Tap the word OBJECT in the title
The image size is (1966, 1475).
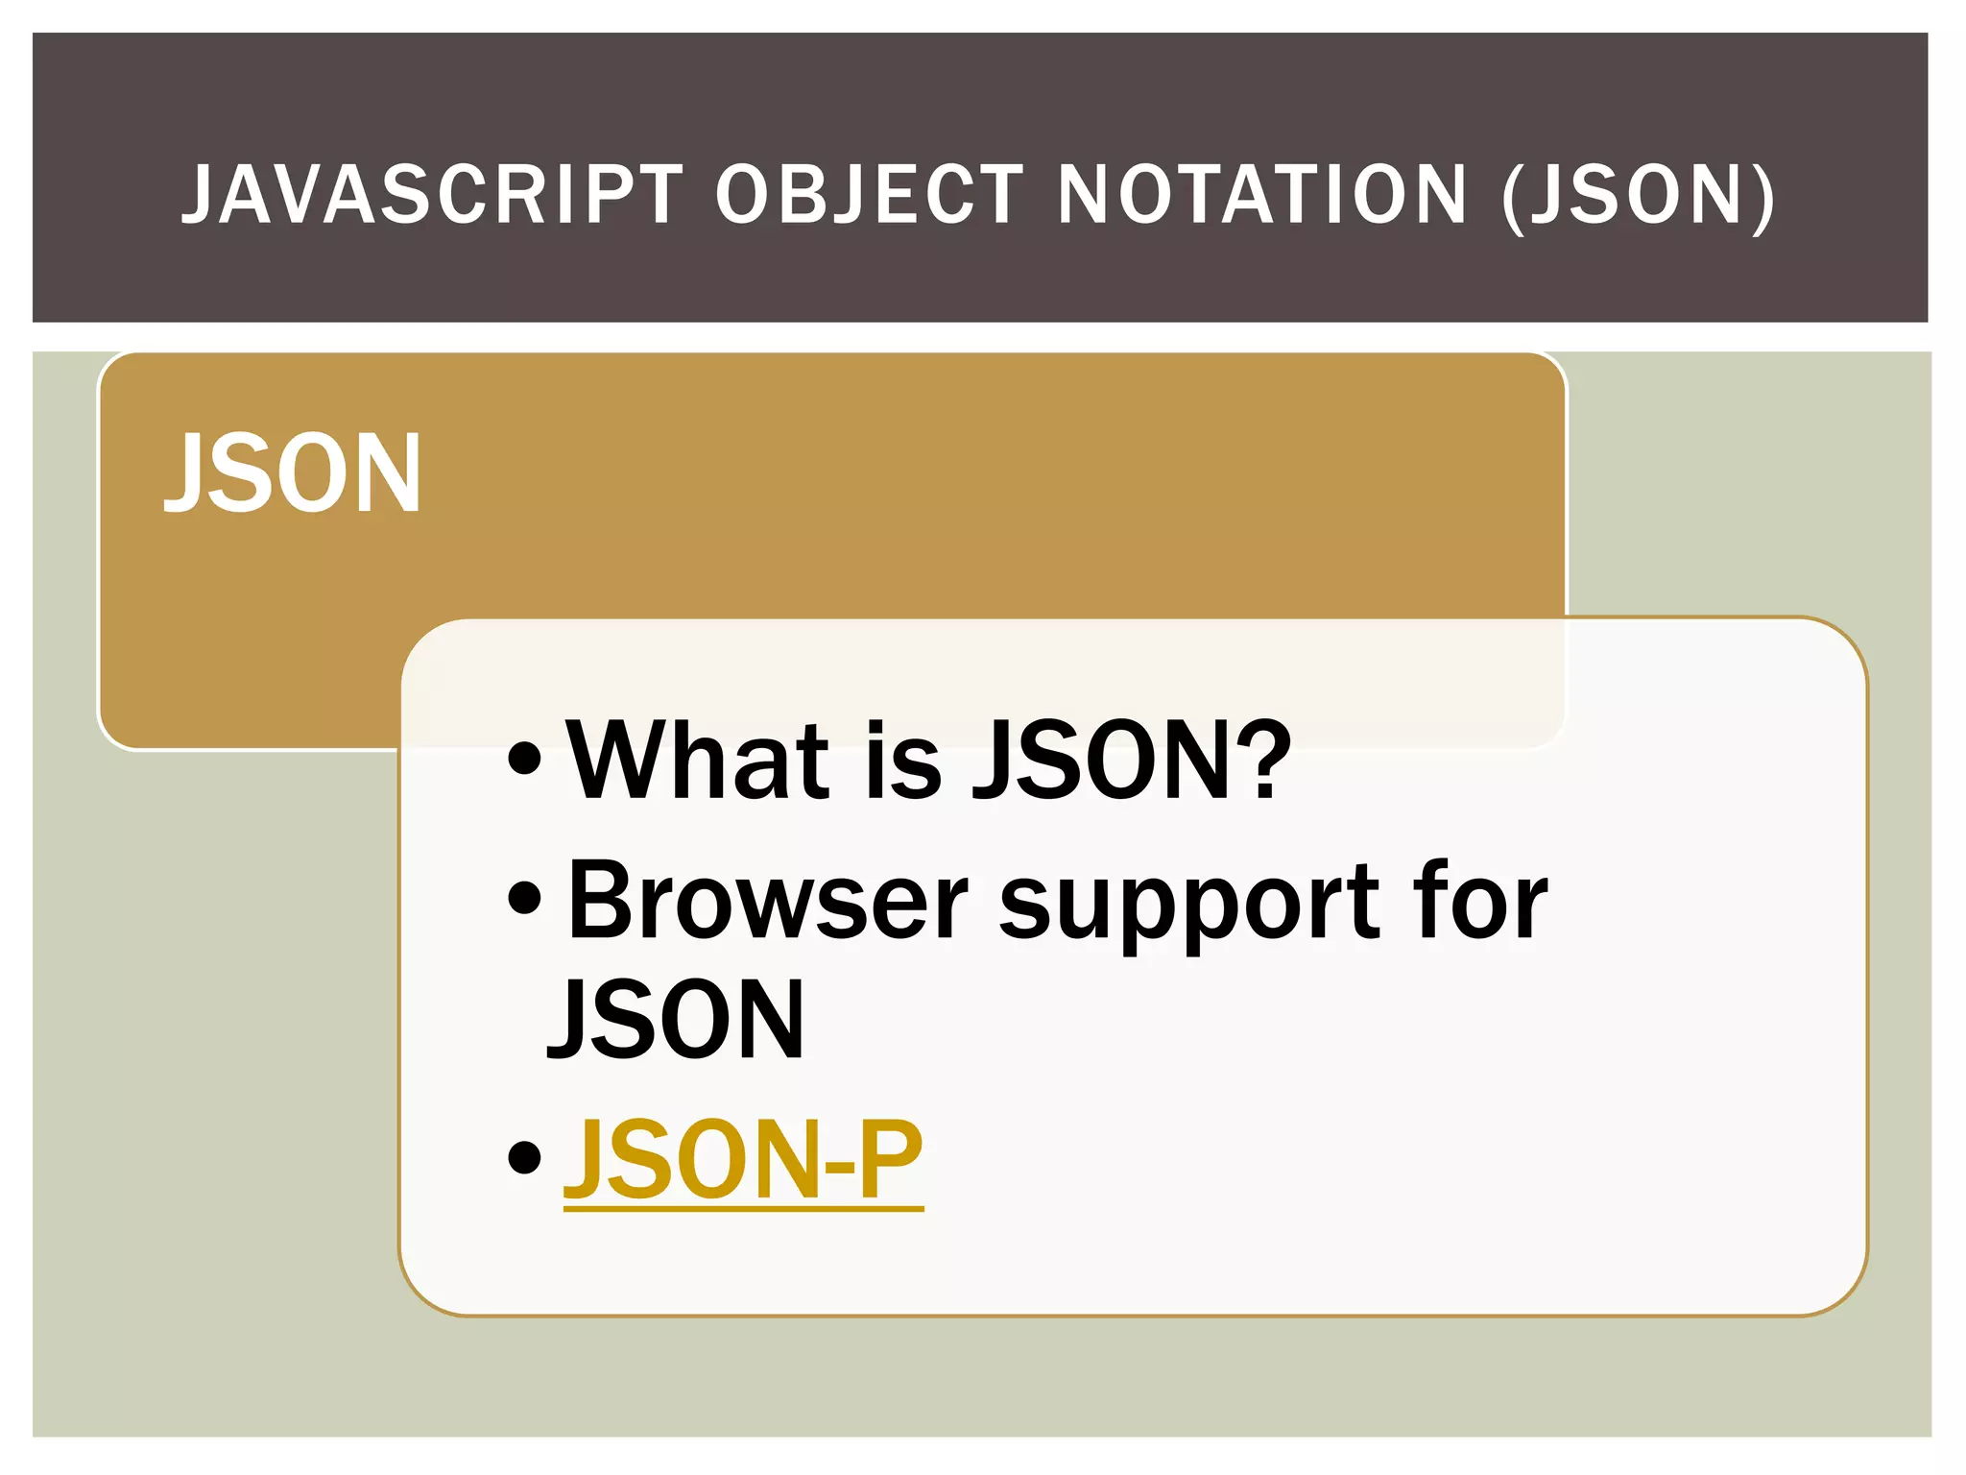[x=870, y=195]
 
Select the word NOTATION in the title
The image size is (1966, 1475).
[x=1262, y=195]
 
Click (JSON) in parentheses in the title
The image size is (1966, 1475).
[x=1638, y=197]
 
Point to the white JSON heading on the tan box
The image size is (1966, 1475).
[x=293, y=474]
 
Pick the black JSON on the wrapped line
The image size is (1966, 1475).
[x=676, y=1020]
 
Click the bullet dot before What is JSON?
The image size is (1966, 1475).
[x=525, y=761]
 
